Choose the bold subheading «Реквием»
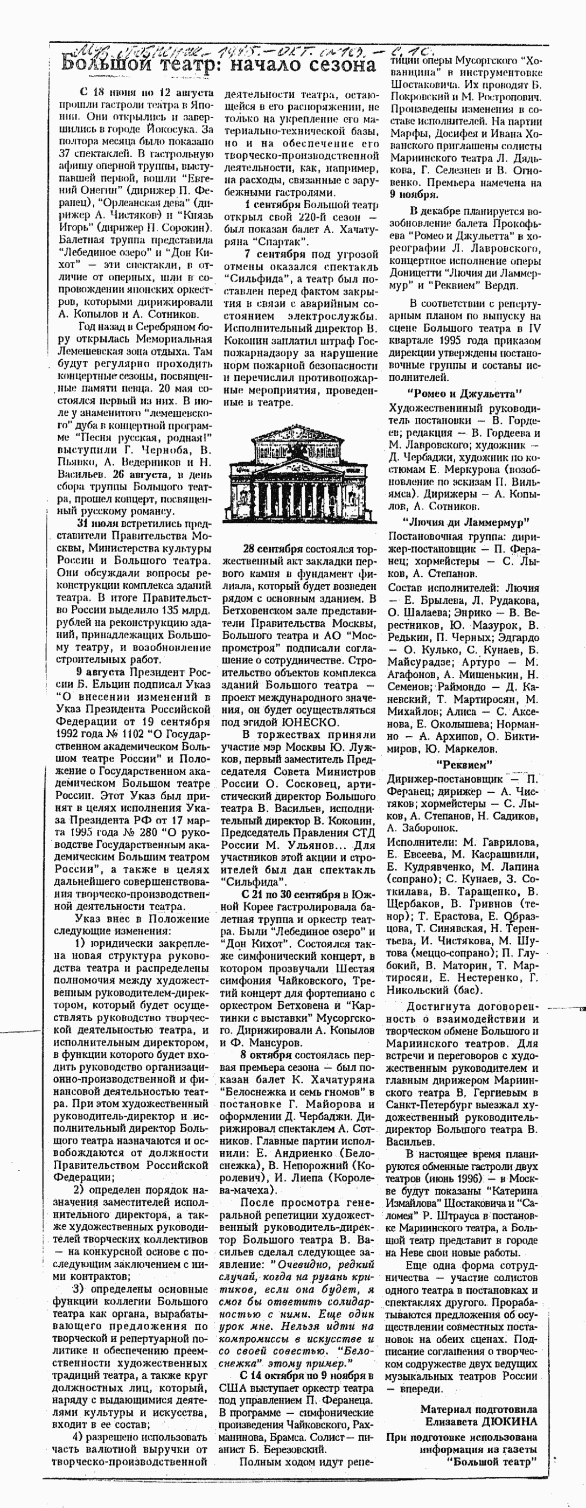464,763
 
